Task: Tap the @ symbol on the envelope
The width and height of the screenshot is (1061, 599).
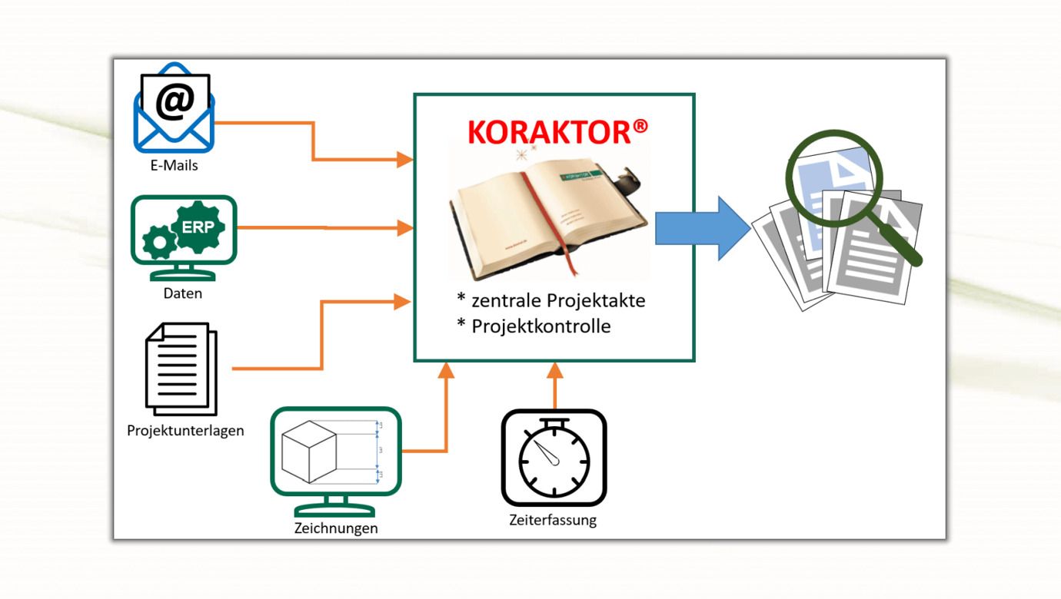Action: pos(175,101)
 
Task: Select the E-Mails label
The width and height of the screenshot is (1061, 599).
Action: pos(174,165)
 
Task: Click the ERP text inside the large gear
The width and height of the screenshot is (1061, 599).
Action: pos(198,227)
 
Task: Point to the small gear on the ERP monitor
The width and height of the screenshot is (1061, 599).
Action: pos(159,243)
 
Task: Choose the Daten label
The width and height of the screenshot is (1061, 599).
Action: pos(183,293)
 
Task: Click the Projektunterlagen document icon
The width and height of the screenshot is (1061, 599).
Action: pos(181,369)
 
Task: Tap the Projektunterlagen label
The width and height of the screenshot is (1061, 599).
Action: pos(185,430)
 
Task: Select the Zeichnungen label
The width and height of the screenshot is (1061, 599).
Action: pos(336,528)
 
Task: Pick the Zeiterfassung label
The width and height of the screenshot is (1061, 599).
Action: pos(553,520)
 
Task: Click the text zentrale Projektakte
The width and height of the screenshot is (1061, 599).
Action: pos(557,299)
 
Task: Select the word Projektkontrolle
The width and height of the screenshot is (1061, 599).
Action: pos(540,326)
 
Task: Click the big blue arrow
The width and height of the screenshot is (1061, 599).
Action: pos(701,228)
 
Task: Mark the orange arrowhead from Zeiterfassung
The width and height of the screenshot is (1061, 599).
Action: pos(555,372)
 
